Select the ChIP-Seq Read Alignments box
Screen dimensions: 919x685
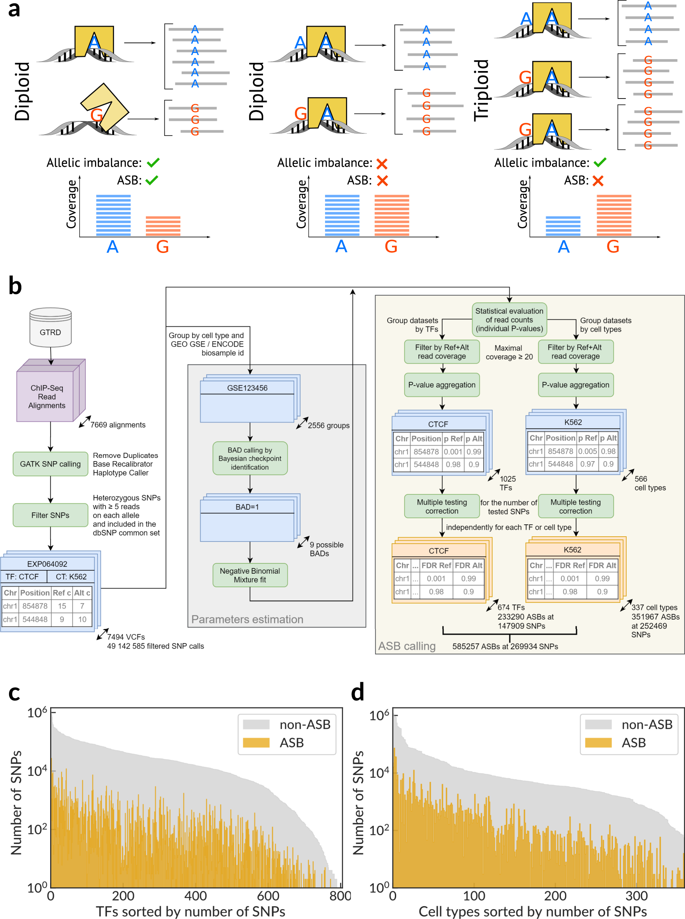click(47, 396)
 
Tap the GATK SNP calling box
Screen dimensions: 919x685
click(50, 464)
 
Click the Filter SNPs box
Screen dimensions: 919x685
click(50, 515)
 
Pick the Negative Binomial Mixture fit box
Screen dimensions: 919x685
click(249, 575)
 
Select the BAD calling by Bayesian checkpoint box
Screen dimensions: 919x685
click(249, 458)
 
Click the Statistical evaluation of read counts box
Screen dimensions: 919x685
click(509, 319)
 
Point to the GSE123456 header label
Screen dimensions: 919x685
click(247, 388)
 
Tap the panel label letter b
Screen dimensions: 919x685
click(15, 286)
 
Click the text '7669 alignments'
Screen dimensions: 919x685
click(118, 425)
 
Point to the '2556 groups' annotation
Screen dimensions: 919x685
click(328, 425)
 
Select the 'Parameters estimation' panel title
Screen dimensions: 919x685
click(247, 619)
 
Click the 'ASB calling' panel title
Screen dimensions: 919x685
click(406, 646)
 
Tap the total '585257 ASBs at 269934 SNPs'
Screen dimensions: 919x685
click(505, 646)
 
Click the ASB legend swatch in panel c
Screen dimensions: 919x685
click(256, 742)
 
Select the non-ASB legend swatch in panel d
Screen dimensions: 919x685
click(598, 724)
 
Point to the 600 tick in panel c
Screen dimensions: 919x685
click(268, 895)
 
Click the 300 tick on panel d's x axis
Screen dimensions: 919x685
click(637, 895)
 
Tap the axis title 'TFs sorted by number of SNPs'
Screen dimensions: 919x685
click(190, 911)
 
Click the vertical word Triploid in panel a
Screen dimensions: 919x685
click(481, 90)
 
